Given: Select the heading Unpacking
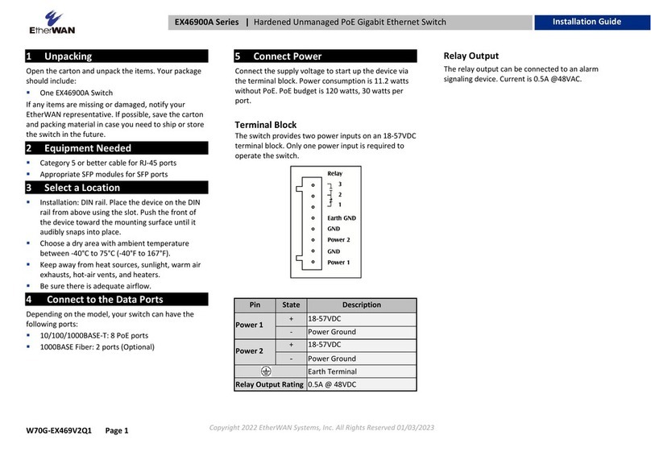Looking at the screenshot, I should click(68, 56).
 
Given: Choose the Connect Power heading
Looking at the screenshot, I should click(287, 56).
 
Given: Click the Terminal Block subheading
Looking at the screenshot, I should click(266, 125).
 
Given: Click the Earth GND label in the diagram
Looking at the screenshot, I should click(342, 218).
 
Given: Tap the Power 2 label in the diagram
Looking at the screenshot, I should click(338, 240).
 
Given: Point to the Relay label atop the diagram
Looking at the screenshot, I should click(334, 173).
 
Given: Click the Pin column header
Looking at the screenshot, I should click(255, 305).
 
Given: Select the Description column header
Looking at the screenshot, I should click(362, 305).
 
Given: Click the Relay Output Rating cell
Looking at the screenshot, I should click(269, 384).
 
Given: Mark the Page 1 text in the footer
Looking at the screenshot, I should click(116, 431).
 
